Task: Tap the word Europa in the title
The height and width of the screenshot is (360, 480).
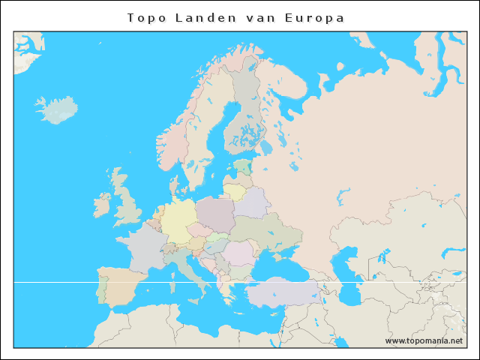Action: [x=315, y=18]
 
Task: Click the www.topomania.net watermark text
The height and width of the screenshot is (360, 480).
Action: [x=424, y=340]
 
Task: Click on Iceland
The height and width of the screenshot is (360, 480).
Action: [x=57, y=110]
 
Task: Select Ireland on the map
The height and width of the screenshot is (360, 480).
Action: [x=102, y=204]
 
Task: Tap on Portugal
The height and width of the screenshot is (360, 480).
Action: [x=101, y=289]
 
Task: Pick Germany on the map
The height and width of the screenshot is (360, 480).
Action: [x=178, y=220]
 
